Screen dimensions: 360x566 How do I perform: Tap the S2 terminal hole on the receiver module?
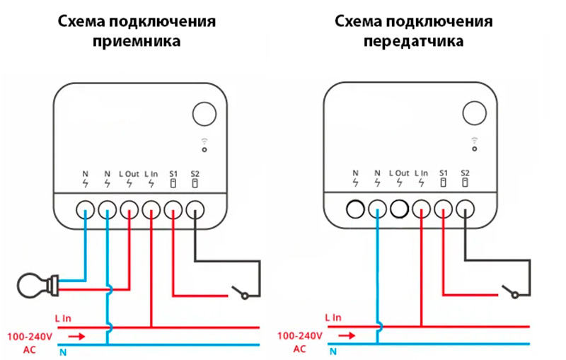coord(195,209)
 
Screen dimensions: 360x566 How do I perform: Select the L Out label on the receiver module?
coord(129,173)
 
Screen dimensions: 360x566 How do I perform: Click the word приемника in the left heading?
coord(137,41)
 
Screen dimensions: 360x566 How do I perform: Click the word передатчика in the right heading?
coord(414,41)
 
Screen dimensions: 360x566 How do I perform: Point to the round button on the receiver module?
coord(206,115)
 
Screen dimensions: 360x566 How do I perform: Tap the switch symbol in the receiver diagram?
coord(237,291)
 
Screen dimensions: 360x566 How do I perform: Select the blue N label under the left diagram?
coord(63,352)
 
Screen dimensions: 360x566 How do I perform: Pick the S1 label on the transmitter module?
coord(444,173)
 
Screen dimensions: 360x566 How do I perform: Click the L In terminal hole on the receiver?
coord(151,209)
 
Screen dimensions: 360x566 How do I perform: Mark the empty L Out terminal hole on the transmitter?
coord(400,209)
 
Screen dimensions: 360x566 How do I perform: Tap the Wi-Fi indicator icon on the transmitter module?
coord(473,144)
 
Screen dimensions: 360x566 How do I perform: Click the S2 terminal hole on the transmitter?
coord(465,209)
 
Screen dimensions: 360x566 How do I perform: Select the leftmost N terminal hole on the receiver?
coord(85,209)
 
